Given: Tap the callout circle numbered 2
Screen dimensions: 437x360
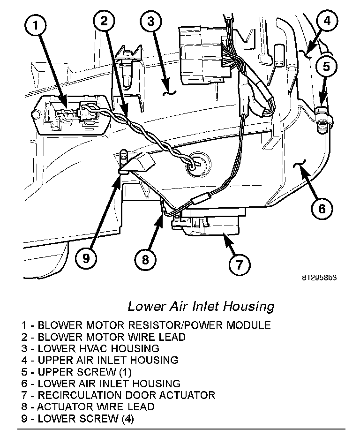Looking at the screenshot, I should [104, 21].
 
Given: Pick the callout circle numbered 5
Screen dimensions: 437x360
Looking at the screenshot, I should [326, 67].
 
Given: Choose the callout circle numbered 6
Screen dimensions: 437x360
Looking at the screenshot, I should [322, 208].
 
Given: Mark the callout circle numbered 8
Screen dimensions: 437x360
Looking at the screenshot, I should [145, 259].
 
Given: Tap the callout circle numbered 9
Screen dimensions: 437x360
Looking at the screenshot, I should [86, 258].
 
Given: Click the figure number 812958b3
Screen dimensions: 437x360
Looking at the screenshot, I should [319, 277].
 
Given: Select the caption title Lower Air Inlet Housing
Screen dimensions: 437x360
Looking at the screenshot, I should [201, 307].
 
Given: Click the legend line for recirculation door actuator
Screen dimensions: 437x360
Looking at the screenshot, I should [118, 395].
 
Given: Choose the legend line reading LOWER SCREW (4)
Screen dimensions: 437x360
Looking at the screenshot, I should [77, 419].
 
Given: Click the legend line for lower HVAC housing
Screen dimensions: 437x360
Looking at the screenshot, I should [90, 348].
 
